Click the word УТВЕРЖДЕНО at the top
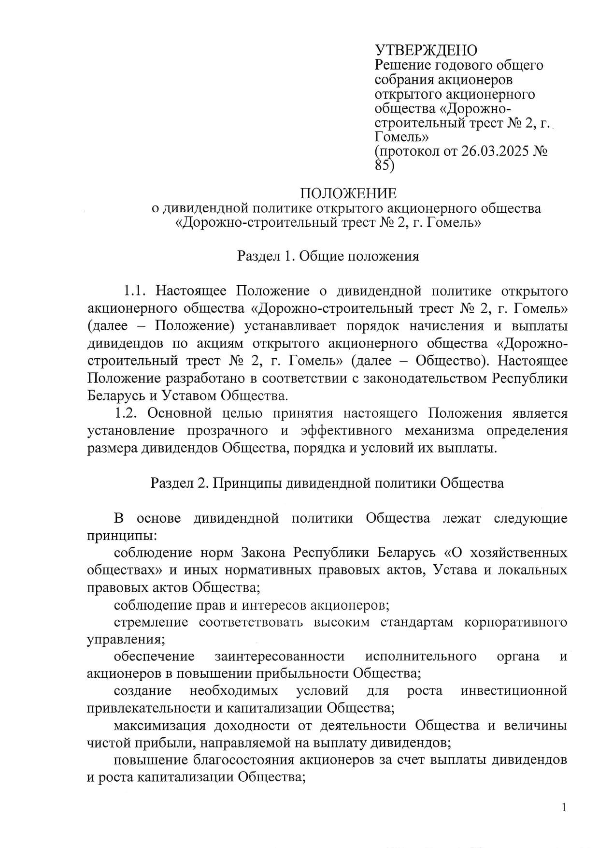coord(426,50)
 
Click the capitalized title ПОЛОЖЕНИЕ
coord(348,193)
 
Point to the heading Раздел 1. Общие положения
coord(328,256)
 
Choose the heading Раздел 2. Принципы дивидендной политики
coord(327,483)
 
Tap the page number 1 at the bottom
coord(564,807)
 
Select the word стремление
coord(151,622)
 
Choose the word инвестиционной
coord(513,691)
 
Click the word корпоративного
coord(515,622)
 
